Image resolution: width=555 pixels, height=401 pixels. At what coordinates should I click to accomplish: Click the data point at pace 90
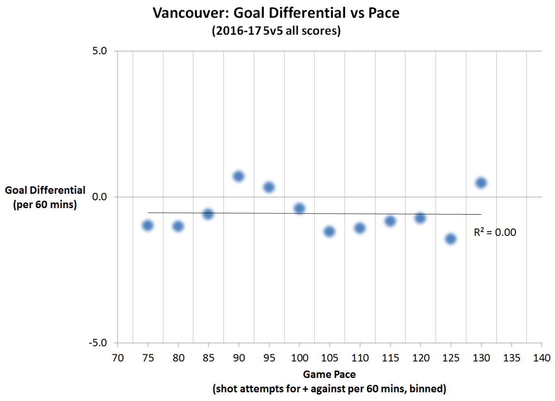click(x=239, y=176)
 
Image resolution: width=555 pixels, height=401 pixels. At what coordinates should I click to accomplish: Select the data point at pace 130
click(x=481, y=183)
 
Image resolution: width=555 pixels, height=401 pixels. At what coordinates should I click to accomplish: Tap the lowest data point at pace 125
click(x=450, y=239)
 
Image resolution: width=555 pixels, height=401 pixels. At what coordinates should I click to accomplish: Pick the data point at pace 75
click(x=148, y=225)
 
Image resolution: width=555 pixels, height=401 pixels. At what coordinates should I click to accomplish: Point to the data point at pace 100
click(x=299, y=209)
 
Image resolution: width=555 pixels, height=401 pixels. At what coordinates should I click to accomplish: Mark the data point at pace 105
click(x=329, y=231)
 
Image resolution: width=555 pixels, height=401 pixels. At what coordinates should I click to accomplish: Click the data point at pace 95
click(x=269, y=187)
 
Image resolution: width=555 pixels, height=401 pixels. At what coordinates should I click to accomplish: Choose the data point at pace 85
click(x=208, y=214)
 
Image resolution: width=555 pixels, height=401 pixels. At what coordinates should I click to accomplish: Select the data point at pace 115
click(x=390, y=221)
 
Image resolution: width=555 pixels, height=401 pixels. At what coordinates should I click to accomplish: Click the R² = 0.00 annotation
click(x=495, y=233)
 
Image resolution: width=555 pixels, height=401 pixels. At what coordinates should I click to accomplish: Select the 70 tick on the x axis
click(x=117, y=358)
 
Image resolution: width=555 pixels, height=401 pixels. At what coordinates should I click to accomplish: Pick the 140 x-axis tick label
click(x=541, y=358)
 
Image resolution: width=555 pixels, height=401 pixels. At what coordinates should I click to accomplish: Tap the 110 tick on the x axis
click(x=360, y=358)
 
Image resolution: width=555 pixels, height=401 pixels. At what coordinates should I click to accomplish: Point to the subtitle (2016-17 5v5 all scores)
click(x=276, y=31)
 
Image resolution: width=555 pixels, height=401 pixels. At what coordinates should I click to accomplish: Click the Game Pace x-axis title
click(x=329, y=374)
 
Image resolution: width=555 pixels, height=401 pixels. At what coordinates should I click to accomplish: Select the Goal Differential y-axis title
click(x=45, y=190)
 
